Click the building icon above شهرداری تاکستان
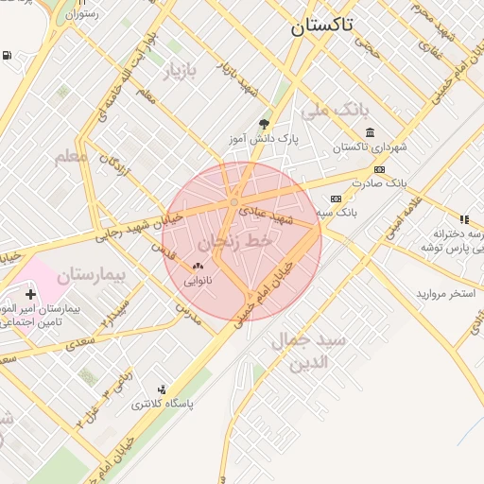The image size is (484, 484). coord(369,131)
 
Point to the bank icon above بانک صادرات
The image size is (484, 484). coord(379,169)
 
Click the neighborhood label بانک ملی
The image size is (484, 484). coord(332,112)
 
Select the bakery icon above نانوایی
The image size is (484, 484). coord(198,267)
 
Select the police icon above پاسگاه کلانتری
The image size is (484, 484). coord(162,389)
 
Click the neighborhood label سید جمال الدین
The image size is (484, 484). coord(307,350)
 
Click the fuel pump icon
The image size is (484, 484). coord(9,57)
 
